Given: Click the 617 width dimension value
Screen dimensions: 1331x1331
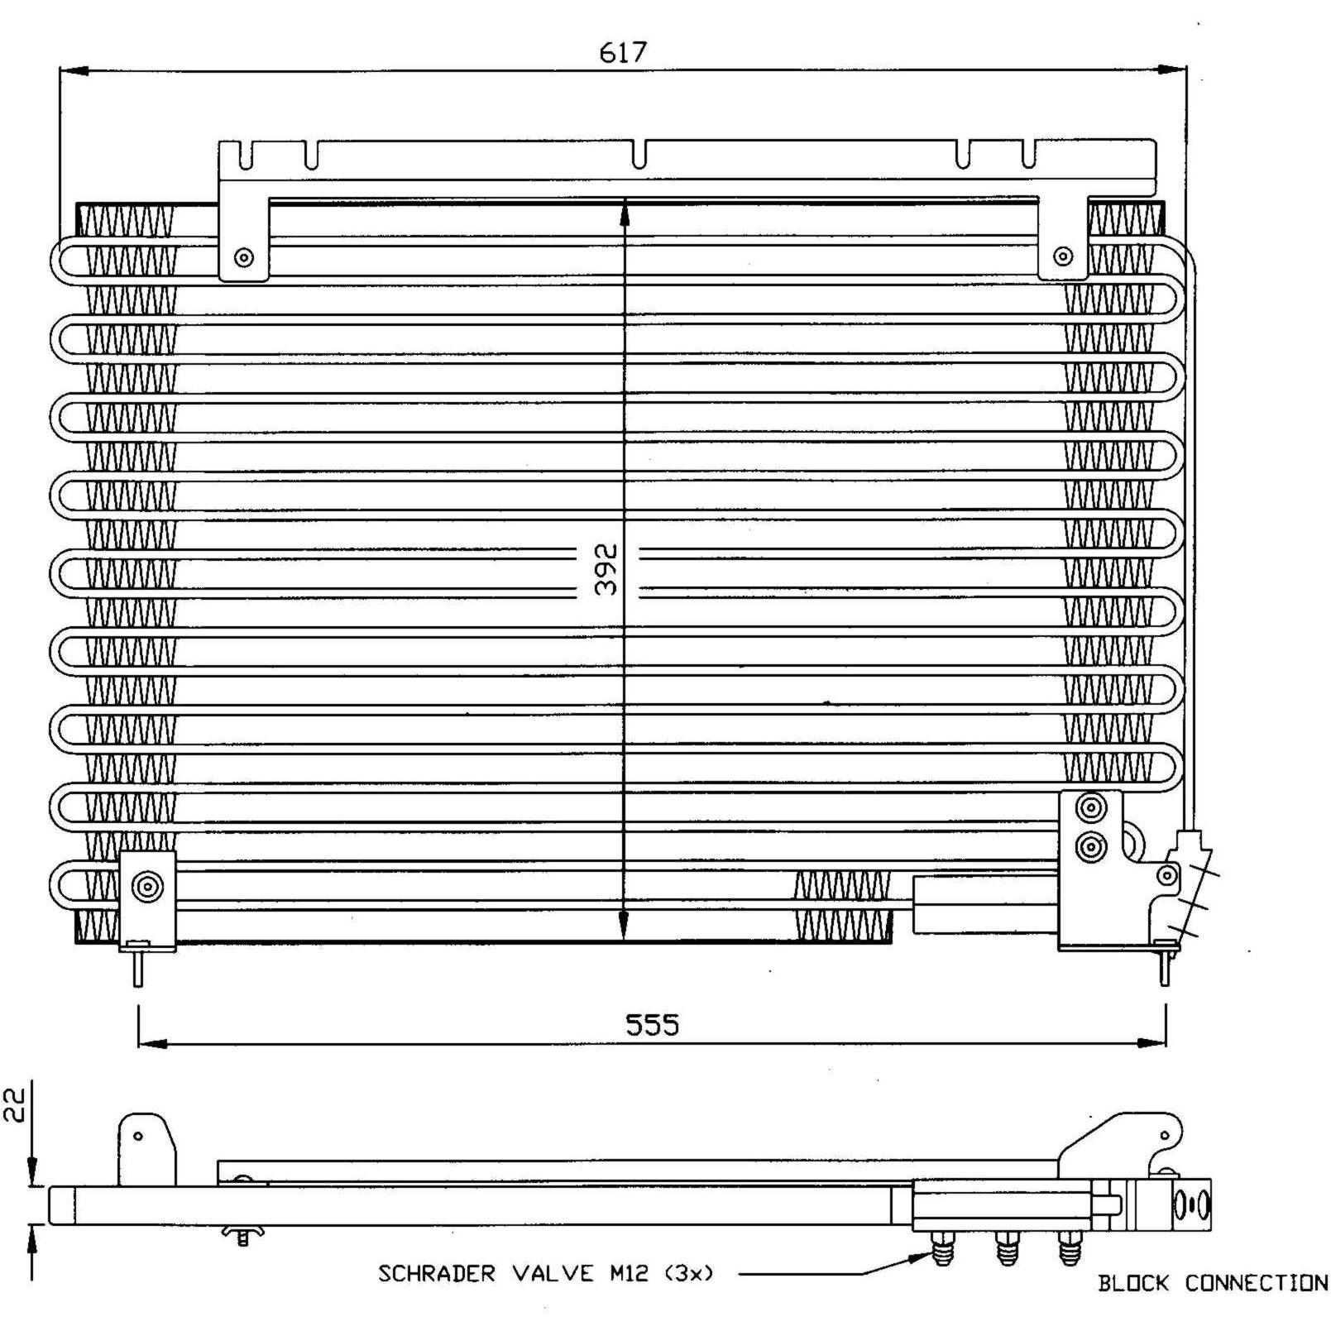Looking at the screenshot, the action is pos(622,52).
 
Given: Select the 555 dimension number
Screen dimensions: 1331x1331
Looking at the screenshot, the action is pos(652,1025).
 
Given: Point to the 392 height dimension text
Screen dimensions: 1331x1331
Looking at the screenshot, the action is pos(606,568).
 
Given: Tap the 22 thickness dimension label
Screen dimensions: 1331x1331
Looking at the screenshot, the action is pos(16,1104).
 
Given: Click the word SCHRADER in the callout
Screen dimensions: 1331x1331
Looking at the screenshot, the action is pos(436,1273).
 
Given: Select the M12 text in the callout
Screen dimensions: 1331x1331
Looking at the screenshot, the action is pos(629,1273).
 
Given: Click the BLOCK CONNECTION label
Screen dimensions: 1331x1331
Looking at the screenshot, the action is pos(1213,1283).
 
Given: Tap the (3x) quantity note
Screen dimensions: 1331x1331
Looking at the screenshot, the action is pos(688,1273).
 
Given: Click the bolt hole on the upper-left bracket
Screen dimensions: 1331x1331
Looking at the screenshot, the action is pos(243,257).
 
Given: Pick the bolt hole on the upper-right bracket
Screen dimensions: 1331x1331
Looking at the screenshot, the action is pos(1064,256).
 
